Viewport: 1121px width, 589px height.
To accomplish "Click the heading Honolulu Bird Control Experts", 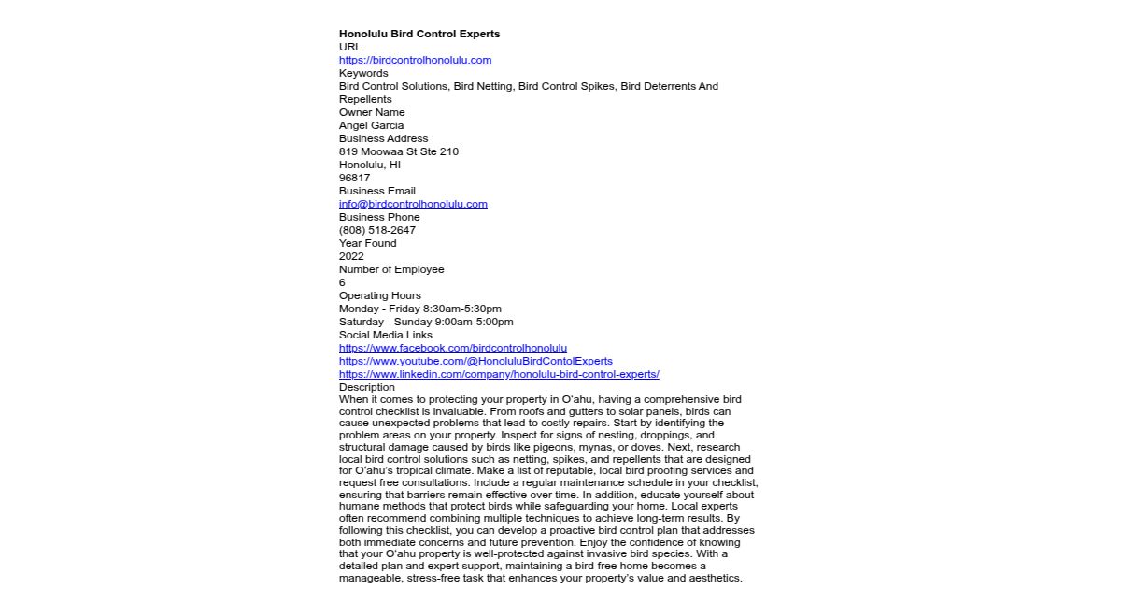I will [419, 34].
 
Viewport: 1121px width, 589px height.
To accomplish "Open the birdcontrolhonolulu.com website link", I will [415, 60].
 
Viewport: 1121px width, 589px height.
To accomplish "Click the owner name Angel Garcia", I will [371, 125].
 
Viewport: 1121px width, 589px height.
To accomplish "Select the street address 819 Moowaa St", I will [399, 151].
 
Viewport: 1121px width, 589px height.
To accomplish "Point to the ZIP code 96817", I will [354, 178].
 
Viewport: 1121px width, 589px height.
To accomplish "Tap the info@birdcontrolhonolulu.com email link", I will [413, 204].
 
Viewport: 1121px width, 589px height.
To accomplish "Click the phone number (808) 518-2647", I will [377, 230].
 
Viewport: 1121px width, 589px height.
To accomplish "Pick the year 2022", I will [351, 256].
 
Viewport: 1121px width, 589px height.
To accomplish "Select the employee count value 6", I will [342, 282].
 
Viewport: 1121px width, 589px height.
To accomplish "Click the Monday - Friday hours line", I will [420, 309].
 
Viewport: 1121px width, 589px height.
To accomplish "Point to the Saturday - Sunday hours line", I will [426, 322].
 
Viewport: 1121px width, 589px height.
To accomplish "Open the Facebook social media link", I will [453, 348].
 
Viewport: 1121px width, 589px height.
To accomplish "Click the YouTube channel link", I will [475, 361].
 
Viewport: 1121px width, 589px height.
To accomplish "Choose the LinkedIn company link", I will [499, 374].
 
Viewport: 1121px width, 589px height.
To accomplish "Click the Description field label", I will [367, 387].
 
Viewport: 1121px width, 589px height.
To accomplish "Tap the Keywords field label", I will [363, 73].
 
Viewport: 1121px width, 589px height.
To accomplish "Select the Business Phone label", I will [379, 217].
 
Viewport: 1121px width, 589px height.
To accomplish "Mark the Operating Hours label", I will [380, 295].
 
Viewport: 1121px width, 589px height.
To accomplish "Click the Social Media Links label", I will [386, 335].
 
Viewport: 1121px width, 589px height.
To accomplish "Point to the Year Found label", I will [367, 243].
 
